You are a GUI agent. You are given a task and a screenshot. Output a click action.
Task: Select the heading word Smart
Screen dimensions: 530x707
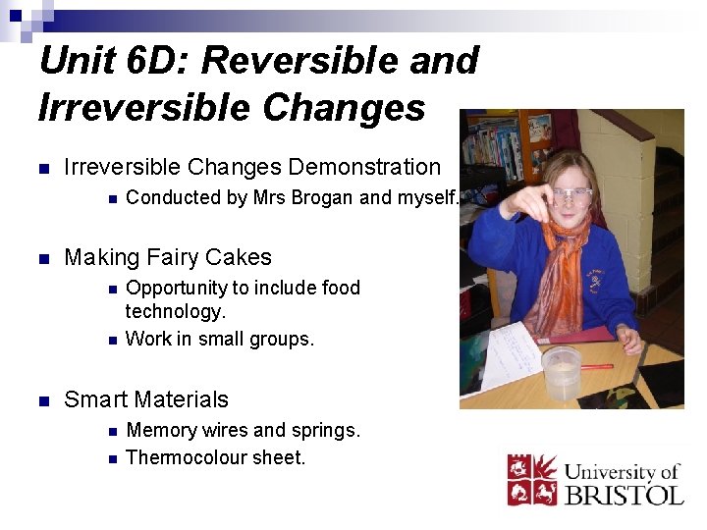click(96, 399)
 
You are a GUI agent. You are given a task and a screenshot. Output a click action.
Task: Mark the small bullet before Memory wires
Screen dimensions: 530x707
click(112, 431)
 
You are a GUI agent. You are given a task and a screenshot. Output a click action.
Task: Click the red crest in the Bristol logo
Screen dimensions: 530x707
click(531, 480)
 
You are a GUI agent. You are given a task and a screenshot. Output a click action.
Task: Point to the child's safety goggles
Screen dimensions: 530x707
click(570, 196)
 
